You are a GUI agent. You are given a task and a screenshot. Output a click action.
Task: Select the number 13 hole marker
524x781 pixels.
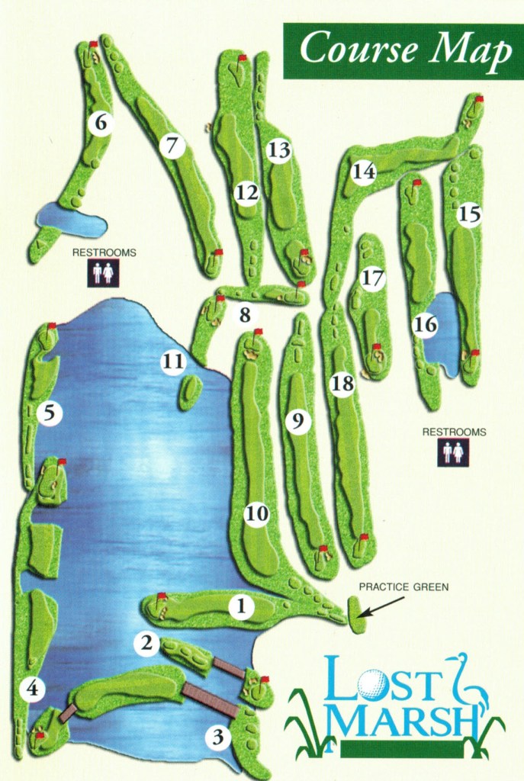pos(279,150)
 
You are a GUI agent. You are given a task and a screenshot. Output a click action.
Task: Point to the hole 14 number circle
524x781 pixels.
pos(364,172)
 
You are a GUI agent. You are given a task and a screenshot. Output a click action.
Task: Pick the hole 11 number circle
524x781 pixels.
pos(173,362)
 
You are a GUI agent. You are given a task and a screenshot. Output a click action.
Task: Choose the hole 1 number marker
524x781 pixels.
pos(241,607)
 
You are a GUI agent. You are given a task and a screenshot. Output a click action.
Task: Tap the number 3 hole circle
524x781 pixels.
pos(219,738)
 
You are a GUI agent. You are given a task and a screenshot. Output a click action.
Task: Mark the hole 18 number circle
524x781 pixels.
pos(342,384)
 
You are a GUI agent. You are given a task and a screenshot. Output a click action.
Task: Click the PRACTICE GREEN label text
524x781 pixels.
pos(403,587)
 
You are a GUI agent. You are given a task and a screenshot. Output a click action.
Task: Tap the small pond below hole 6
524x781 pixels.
pos(72,220)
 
